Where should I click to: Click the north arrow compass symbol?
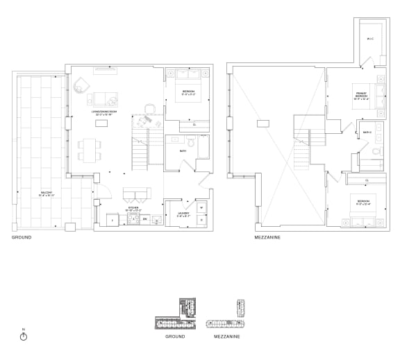point(23,336)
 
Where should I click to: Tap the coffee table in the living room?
point(103,123)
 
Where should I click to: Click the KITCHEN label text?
point(133,207)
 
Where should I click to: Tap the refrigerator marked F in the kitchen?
point(113,221)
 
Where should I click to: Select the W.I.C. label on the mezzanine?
point(369,40)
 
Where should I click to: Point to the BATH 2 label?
point(366,132)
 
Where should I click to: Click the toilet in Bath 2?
point(374,152)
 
